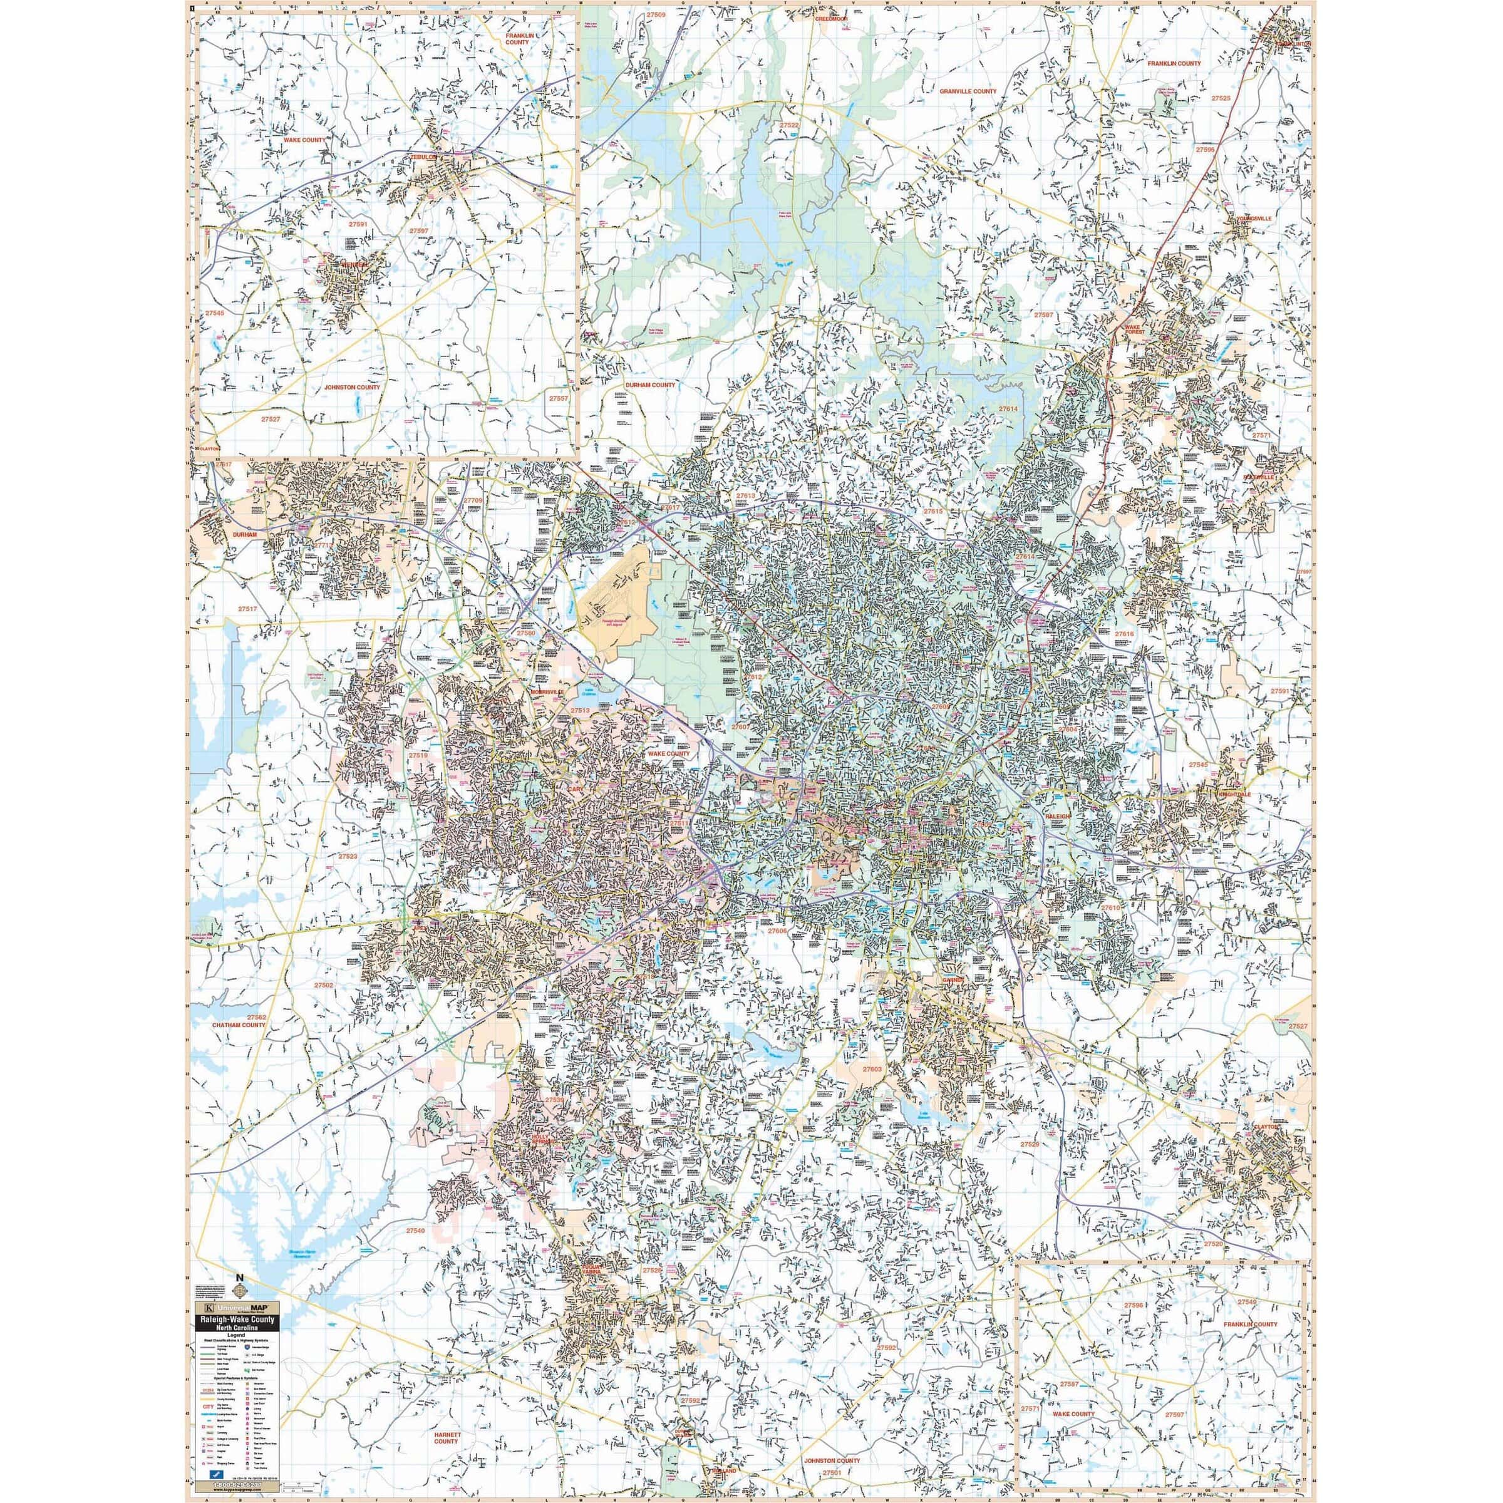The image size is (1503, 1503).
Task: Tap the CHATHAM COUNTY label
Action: pyautogui.click(x=239, y=1025)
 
